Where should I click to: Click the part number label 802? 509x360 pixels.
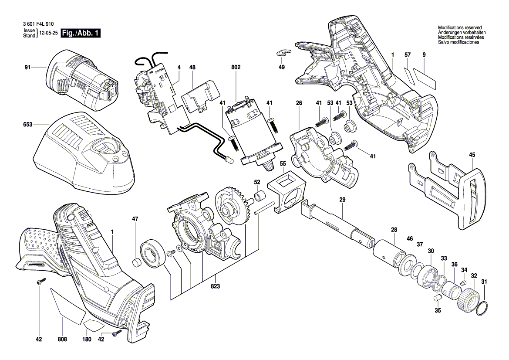pyautogui.click(x=236, y=67)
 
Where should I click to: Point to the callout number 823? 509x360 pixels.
pyautogui.click(x=215, y=286)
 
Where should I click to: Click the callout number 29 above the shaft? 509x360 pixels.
pyautogui.click(x=343, y=200)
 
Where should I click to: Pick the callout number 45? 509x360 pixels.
pyautogui.click(x=472, y=155)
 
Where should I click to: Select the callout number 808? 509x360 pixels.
pyautogui.click(x=62, y=339)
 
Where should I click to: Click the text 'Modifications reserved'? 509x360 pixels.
pyautogui.click(x=460, y=28)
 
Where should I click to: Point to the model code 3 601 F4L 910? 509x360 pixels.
pyautogui.click(x=39, y=24)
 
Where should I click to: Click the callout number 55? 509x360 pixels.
pyautogui.click(x=283, y=164)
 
